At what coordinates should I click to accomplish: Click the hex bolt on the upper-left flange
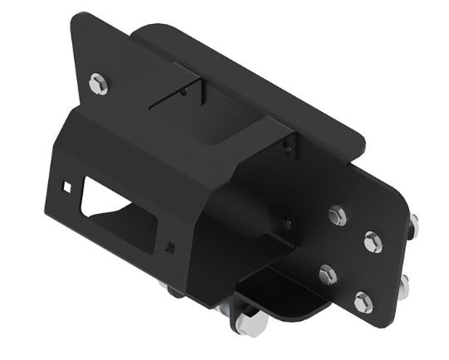tap(98, 82)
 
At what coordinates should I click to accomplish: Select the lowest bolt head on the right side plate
tap(363, 302)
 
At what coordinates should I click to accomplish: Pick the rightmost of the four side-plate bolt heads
tap(373, 243)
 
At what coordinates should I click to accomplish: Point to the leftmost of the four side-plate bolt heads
tap(328, 275)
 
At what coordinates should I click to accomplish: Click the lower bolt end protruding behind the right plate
tap(404, 285)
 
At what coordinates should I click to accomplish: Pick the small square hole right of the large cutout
tap(170, 246)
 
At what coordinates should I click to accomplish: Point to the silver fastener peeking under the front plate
tap(171, 289)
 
